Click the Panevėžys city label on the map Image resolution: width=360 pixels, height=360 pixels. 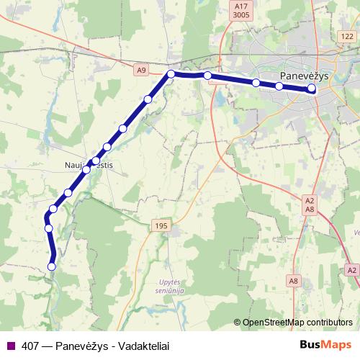(305, 76)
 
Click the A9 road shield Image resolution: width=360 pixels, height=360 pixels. (141, 70)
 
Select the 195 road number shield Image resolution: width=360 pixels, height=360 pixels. (161, 226)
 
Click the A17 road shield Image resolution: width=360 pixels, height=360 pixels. (241, 5)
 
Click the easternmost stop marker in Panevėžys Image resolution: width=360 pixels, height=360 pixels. (312, 89)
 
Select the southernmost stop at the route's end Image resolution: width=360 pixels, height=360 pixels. (51, 266)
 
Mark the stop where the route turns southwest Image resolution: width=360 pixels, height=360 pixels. (171, 74)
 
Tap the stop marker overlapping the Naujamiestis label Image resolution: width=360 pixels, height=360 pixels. (96, 161)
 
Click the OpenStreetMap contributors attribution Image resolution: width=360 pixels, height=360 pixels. (296, 322)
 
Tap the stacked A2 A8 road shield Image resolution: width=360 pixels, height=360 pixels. (310, 204)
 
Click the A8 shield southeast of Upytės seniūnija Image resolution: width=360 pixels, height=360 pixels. (293, 280)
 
